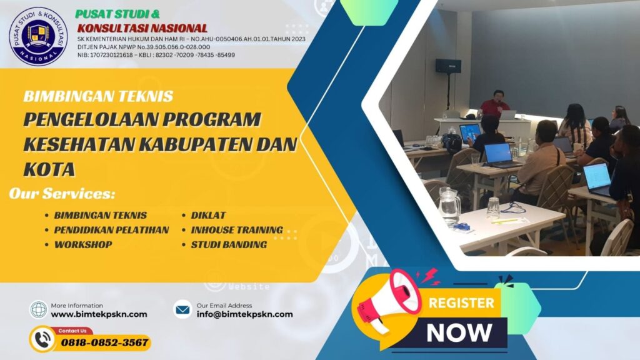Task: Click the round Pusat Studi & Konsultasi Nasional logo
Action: [x=38, y=36]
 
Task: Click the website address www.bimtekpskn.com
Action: [x=99, y=314]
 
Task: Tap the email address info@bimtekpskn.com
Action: [x=244, y=314]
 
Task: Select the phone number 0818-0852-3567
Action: [x=104, y=342]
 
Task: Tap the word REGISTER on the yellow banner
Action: [x=461, y=304]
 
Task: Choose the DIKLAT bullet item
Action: [x=208, y=215]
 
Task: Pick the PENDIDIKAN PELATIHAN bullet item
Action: [x=111, y=230]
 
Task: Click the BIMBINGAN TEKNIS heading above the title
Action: [x=98, y=96]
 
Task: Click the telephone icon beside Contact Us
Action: [x=42, y=339]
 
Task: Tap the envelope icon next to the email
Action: [x=182, y=309]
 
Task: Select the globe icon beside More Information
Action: [x=39, y=309]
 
